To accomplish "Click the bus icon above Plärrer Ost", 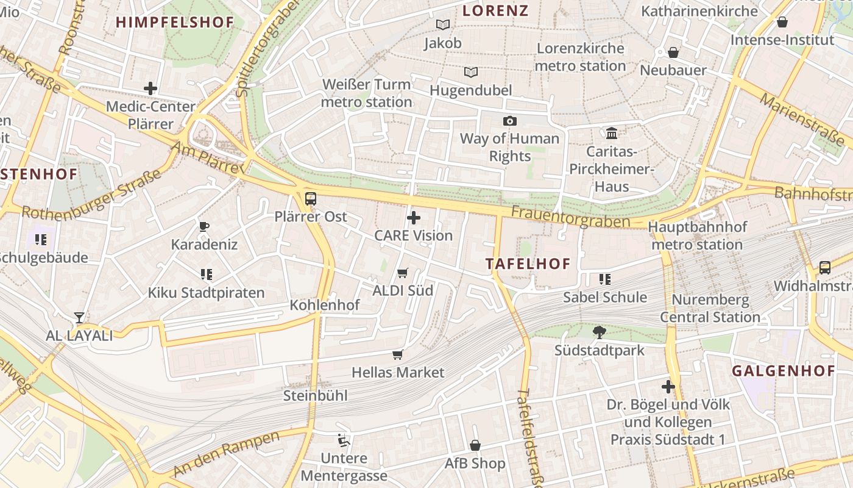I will tap(311, 198).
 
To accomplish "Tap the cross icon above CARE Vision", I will tap(414, 218).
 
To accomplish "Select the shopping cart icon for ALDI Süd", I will tap(402, 273).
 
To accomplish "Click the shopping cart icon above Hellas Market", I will tap(398, 354).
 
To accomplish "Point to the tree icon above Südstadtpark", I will tap(600, 332).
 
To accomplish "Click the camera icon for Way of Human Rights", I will tap(509, 121).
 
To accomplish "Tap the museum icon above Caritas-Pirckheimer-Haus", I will tap(611, 133).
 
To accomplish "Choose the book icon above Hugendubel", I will tap(470, 73).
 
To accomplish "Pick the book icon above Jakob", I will tap(443, 25).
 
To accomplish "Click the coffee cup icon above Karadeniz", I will tap(204, 227).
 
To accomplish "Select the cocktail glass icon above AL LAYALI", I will tap(79, 317).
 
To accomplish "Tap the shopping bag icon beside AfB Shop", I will tap(475, 446).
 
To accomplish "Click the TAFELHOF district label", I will tap(528, 264).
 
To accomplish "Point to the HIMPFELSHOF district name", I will tap(175, 23).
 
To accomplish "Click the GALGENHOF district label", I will tap(783, 371).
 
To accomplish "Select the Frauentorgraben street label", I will tap(570, 217).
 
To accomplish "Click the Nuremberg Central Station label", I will tap(710, 309).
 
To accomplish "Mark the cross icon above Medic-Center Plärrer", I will tap(150, 88).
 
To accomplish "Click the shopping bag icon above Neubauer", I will tap(673, 52).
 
